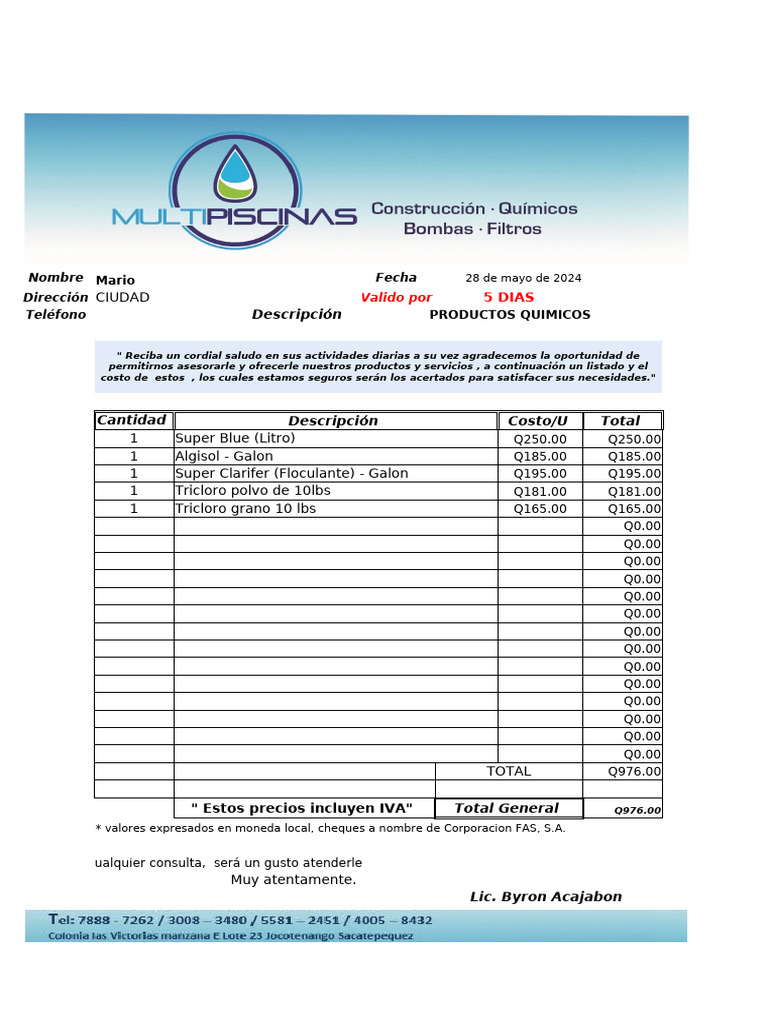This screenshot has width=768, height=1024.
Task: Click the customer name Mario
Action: [115, 280]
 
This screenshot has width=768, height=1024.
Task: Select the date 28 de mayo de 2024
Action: [523, 278]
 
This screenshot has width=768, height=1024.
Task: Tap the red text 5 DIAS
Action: [508, 297]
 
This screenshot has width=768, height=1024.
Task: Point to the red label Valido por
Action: [396, 297]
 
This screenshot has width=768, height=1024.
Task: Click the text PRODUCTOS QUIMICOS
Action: [509, 314]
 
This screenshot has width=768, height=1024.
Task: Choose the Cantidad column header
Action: [133, 420]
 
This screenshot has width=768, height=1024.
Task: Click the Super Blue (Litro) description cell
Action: [235, 438]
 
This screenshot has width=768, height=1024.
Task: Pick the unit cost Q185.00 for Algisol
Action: [540, 456]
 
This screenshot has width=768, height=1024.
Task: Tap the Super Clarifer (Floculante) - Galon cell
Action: [291, 473]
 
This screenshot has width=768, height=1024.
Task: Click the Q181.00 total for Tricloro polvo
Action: [634, 491]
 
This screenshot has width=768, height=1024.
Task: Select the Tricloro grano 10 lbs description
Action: [245, 508]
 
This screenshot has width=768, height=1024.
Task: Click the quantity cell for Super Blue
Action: [133, 438]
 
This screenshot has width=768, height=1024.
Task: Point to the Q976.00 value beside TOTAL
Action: [634, 771]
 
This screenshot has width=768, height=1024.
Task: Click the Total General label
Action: [506, 808]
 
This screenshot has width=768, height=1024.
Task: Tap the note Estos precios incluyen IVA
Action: [301, 808]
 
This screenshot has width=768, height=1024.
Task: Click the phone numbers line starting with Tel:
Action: [240, 919]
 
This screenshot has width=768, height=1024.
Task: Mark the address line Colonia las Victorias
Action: [230, 935]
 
